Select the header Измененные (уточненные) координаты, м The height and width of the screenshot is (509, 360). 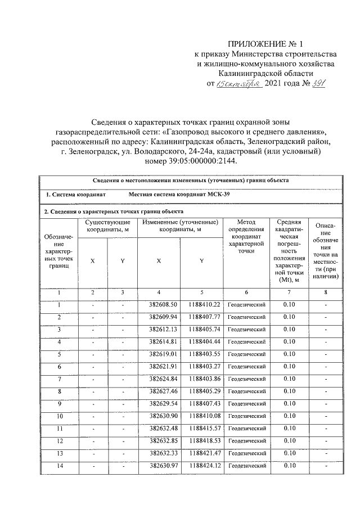(x=179, y=226)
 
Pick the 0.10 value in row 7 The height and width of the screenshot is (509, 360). (x=289, y=379)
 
